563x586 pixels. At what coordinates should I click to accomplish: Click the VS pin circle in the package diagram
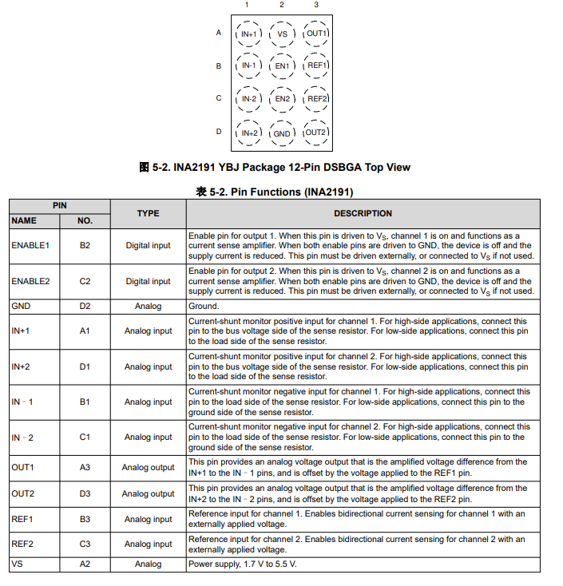coord(282,34)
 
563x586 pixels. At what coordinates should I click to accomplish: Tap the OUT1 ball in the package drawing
coord(316,34)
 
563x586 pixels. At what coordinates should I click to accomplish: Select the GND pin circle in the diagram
coord(282,133)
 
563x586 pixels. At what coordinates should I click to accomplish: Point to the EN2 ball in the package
coord(282,99)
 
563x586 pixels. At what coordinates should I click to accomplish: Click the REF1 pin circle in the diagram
coord(317,65)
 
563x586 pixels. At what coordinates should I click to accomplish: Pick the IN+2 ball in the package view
coord(248,133)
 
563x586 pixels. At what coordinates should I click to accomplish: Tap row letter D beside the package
coord(219,132)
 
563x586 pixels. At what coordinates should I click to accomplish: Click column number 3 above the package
coord(316,6)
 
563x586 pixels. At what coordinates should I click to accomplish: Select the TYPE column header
coord(148,213)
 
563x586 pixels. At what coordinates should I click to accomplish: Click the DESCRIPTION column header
coord(363,213)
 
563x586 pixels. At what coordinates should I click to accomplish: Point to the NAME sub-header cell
coord(24,220)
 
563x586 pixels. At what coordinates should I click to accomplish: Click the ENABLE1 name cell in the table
coord(30,245)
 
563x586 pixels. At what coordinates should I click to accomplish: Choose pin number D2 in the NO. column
coord(85,306)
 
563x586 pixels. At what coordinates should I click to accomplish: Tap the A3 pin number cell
coord(85,467)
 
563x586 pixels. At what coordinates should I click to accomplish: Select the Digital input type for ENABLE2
coord(148,281)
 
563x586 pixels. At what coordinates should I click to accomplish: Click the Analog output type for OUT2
coord(148,493)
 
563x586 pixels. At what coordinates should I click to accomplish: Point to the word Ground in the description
coord(203,306)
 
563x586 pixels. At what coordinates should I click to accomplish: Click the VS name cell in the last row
coord(17,564)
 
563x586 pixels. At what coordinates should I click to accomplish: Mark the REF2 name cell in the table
coord(23,544)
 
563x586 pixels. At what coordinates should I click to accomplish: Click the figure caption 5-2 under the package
coord(275,167)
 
